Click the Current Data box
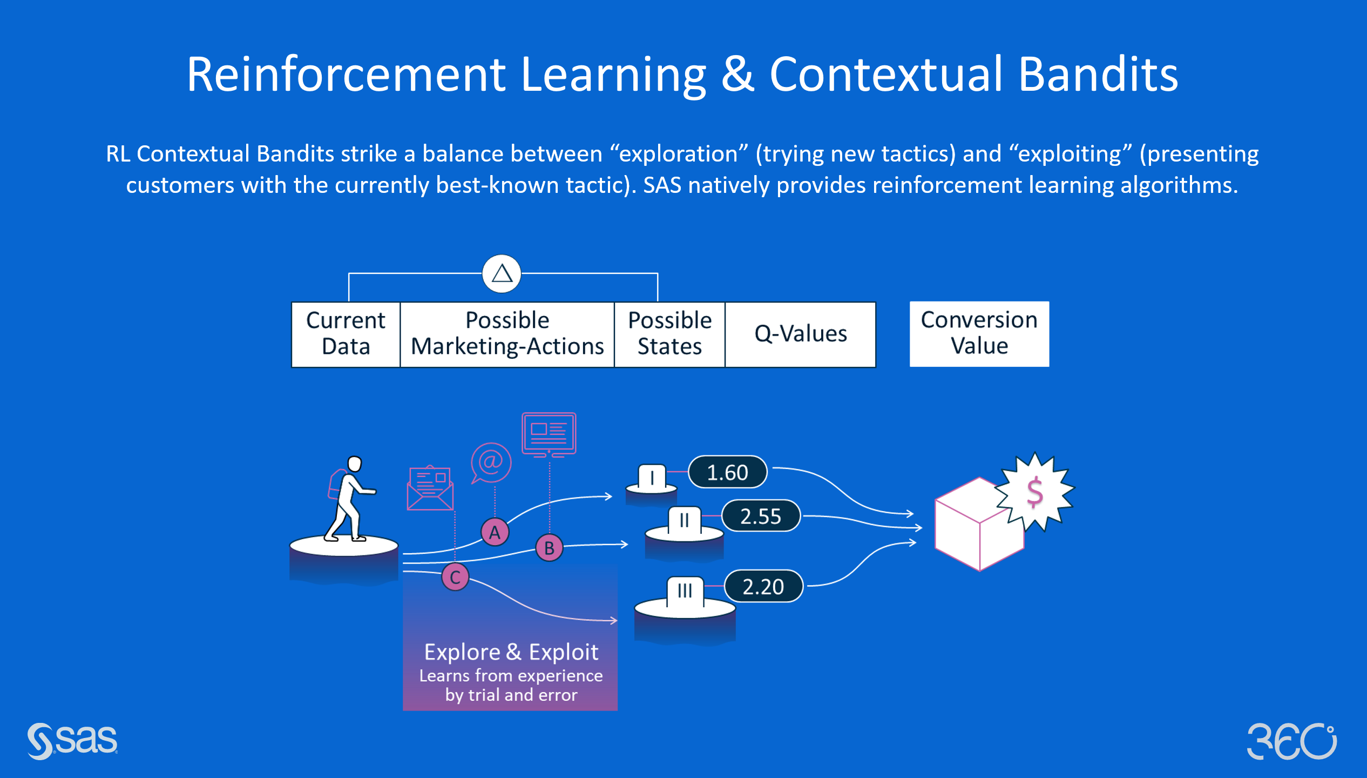click(346, 334)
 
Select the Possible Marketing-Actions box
click(507, 334)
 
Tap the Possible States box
click(669, 334)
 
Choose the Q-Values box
click(800, 334)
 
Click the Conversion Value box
click(979, 334)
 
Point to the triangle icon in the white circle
click(502, 273)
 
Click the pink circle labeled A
click(495, 532)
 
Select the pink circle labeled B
click(549, 548)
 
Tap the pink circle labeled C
click(455, 577)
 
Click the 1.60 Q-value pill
click(728, 472)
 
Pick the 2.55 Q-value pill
click(761, 516)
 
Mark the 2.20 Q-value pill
click(763, 586)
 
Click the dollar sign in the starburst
click(1034, 492)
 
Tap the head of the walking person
click(355, 464)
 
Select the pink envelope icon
click(430, 488)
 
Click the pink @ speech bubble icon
click(491, 463)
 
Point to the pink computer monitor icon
click(549, 435)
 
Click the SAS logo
click(72, 741)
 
